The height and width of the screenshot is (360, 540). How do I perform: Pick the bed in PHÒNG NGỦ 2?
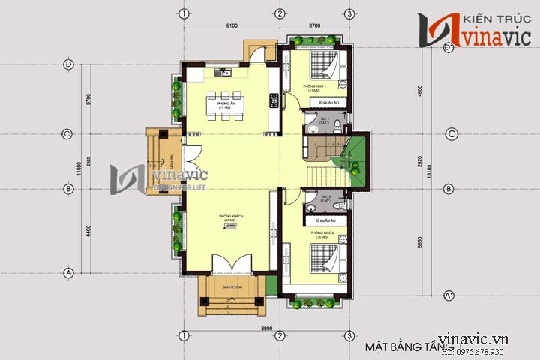(x=325, y=257)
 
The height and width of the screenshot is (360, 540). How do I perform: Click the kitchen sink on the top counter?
(x=223, y=73)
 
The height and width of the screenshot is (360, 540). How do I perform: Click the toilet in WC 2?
(x=338, y=203)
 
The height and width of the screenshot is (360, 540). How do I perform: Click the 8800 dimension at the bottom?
(x=266, y=328)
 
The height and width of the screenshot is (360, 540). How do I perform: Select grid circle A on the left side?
(x=68, y=273)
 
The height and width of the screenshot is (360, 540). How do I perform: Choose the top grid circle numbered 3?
(x=349, y=14)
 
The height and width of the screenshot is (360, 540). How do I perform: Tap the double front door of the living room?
(x=228, y=265)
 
